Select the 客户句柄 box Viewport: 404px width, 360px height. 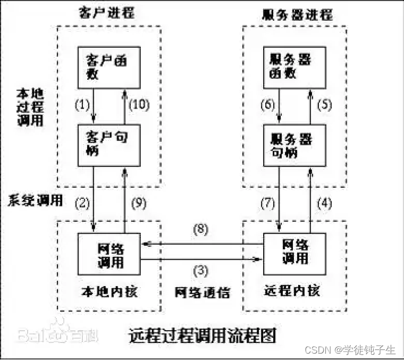pyautogui.click(x=109, y=145)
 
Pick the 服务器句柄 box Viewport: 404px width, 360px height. pyautogui.click(x=296, y=145)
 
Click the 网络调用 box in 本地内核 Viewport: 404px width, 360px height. pyautogui.click(x=109, y=255)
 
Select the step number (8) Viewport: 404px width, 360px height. pyautogui.click(x=201, y=230)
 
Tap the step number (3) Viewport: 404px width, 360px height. pyautogui.click(x=201, y=270)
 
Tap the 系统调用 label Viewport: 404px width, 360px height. pyautogui.click(x=36, y=200)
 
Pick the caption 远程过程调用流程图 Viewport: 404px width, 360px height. pyautogui.click(x=203, y=336)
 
